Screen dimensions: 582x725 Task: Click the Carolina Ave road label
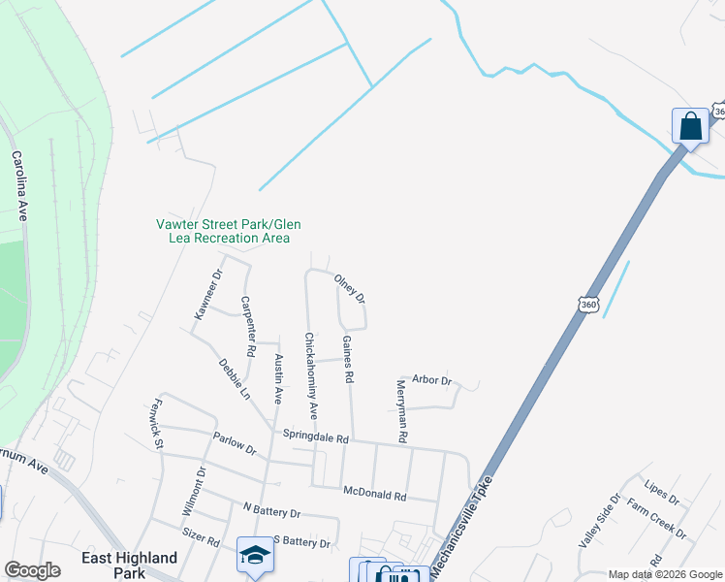pos(20,187)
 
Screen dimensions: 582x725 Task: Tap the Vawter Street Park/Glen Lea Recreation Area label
pos(224,231)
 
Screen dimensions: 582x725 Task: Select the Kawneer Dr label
pos(207,294)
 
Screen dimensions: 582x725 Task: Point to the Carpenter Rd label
pos(249,324)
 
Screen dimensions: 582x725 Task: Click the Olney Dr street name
pos(350,289)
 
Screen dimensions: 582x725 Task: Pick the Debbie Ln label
pos(235,379)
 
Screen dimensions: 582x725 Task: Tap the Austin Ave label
pos(279,378)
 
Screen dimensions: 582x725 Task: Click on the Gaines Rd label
pos(348,358)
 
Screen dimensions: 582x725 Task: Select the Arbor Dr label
pos(432,380)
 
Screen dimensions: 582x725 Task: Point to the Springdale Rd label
pos(315,438)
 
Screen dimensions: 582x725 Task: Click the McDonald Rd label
pos(375,495)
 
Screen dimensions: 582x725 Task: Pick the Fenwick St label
pos(156,425)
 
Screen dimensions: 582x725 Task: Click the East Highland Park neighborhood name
pos(130,565)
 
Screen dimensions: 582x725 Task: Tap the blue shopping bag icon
pos(689,126)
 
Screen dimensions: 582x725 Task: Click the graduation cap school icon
pos(256,555)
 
